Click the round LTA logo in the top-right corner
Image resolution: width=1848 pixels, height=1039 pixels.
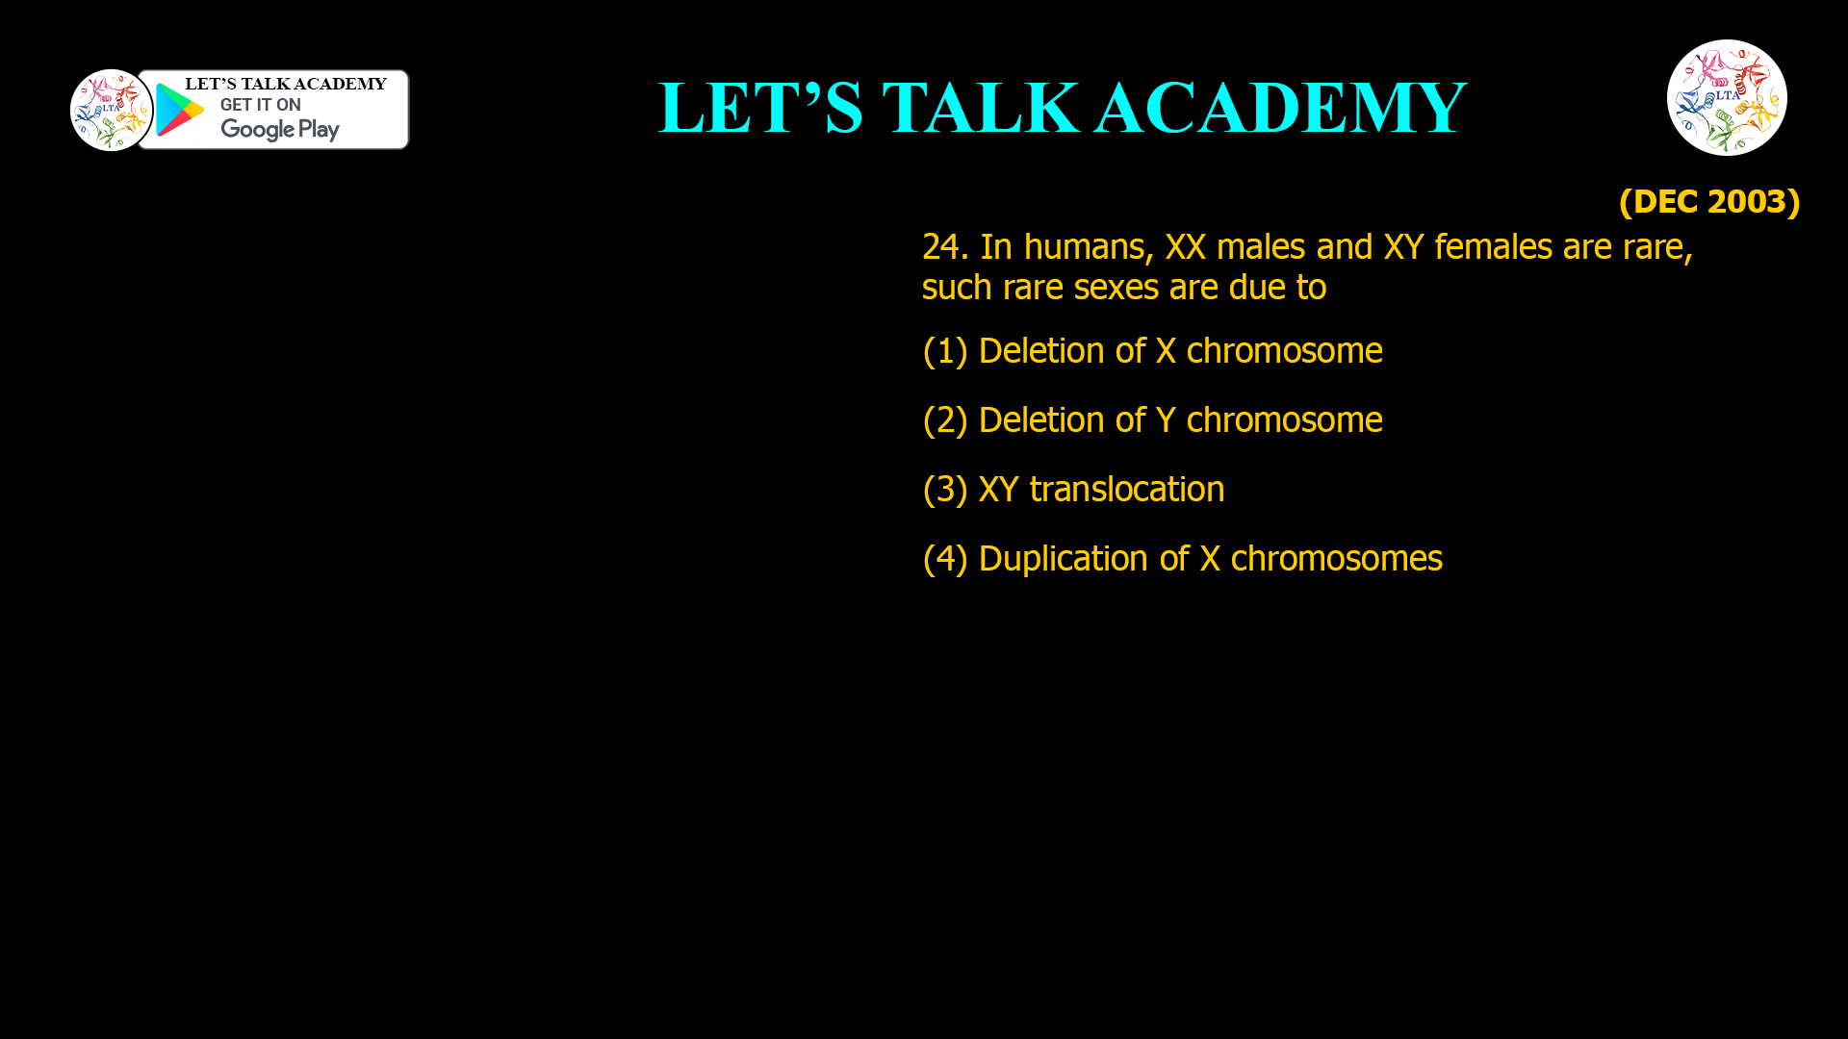pyautogui.click(x=1727, y=97)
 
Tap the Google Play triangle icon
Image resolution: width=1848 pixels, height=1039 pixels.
pyautogui.click(x=179, y=110)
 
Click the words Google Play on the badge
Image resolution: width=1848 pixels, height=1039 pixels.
pyautogui.click(x=279, y=129)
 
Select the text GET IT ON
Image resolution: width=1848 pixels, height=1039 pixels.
pyautogui.click(x=260, y=105)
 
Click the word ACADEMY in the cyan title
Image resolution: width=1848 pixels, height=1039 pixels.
pyautogui.click(x=1280, y=108)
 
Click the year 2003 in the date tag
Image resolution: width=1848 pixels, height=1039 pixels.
pyautogui.click(x=1746, y=201)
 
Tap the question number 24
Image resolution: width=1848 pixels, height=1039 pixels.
pyautogui.click(x=944, y=247)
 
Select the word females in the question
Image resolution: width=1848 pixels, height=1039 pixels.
pyautogui.click(x=1493, y=247)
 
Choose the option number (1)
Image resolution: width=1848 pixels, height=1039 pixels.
pyautogui.click(x=944, y=351)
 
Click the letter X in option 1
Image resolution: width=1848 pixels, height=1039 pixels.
pyautogui.click(x=1166, y=351)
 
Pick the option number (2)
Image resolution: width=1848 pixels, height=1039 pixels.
pyautogui.click(x=944, y=420)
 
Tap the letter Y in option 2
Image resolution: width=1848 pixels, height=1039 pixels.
pyautogui.click(x=1166, y=420)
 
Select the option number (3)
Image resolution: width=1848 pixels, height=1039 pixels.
pyautogui.click(x=944, y=490)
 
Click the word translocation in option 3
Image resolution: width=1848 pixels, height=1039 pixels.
pyautogui.click(x=1127, y=490)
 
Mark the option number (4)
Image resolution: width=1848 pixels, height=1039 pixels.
pyautogui.click(x=944, y=559)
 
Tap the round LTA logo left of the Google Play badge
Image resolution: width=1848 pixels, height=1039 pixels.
pyautogui.click(x=111, y=110)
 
